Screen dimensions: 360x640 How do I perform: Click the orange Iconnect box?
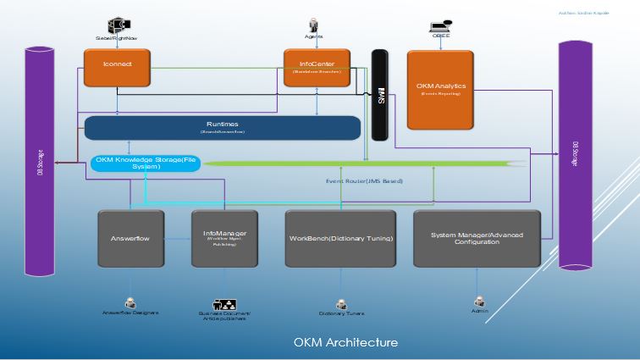tap(117, 68)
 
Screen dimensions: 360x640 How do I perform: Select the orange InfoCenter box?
tap(317, 68)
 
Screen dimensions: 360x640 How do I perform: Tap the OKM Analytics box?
tap(440, 89)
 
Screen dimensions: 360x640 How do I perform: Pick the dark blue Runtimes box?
tap(223, 128)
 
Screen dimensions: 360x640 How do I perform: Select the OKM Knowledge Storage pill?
tap(146, 163)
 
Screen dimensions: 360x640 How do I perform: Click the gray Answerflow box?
tap(130, 239)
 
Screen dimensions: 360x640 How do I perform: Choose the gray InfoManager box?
tap(224, 239)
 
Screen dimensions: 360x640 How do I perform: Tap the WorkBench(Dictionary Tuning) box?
tap(341, 239)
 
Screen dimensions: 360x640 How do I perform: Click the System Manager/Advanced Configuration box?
tap(477, 239)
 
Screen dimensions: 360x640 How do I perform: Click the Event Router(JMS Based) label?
tap(364, 180)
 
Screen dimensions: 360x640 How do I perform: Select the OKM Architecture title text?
tap(345, 342)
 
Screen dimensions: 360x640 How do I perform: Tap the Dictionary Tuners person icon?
tap(341, 303)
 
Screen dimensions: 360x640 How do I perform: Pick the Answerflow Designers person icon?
tap(130, 302)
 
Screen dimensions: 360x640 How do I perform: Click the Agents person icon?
tap(313, 25)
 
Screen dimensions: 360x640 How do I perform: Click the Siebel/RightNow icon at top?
tap(116, 25)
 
